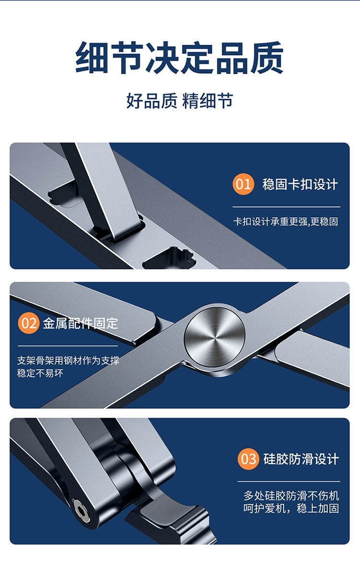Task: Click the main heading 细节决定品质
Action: click(180, 58)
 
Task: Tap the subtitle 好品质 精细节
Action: click(180, 101)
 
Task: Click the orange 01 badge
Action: click(243, 184)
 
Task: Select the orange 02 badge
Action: click(28, 323)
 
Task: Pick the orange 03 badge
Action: click(248, 459)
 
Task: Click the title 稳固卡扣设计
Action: click(300, 185)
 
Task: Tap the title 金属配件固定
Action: click(80, 323)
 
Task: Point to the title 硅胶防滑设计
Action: click(301, 459)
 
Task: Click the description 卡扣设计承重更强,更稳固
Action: click(286, 222)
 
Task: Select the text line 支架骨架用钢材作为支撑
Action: click(68, 360)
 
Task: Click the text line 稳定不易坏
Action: click(40, 373)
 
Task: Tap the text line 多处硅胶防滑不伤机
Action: click(291, 496)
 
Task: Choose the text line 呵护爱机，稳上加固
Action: click(291, 508)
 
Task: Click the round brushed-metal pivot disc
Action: click(215, 337)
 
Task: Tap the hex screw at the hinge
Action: click(82, 510)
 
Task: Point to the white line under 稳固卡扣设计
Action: click(287, 207)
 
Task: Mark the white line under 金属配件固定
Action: click(68, 346)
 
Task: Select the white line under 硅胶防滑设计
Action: click(289, 481)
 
